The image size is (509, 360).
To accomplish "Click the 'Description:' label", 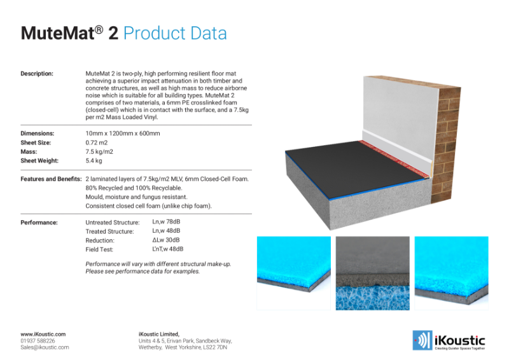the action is [37, 74].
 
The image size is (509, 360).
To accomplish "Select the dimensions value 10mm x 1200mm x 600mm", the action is [123, 134].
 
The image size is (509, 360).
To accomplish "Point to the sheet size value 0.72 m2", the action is [97, 142].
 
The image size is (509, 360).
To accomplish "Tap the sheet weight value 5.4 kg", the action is [94, 161].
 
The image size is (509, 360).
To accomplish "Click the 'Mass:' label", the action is [29, 151].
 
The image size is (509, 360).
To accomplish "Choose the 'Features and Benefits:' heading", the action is [52, 179].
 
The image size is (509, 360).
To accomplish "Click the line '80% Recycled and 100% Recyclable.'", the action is [134, 188].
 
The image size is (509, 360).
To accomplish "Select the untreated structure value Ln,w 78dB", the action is [166, 222].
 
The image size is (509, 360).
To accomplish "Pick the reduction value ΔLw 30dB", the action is [166, 240].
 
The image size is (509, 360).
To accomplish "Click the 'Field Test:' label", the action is [99, 249].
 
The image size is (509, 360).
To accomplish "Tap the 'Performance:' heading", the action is [39, 223].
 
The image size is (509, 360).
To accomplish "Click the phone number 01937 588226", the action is [38, 341].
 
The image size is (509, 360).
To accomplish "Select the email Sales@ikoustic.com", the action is [45, 347].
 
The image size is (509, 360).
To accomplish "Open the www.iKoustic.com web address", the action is [43, 335].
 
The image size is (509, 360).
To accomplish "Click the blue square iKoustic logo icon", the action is [422, 340].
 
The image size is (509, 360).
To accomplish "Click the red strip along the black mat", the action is [394, 158].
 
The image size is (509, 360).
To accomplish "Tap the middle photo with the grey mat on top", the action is [373, 273].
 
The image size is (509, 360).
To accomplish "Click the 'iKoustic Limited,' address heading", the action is [158, 335].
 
